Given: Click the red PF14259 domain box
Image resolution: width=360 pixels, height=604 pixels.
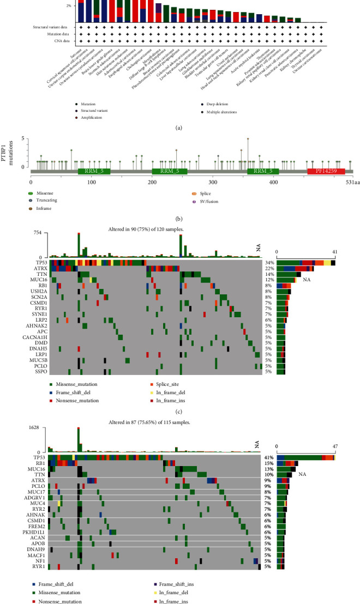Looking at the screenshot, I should point(326,171).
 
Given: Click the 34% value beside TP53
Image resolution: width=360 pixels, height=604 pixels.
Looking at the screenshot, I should point(268,263).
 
